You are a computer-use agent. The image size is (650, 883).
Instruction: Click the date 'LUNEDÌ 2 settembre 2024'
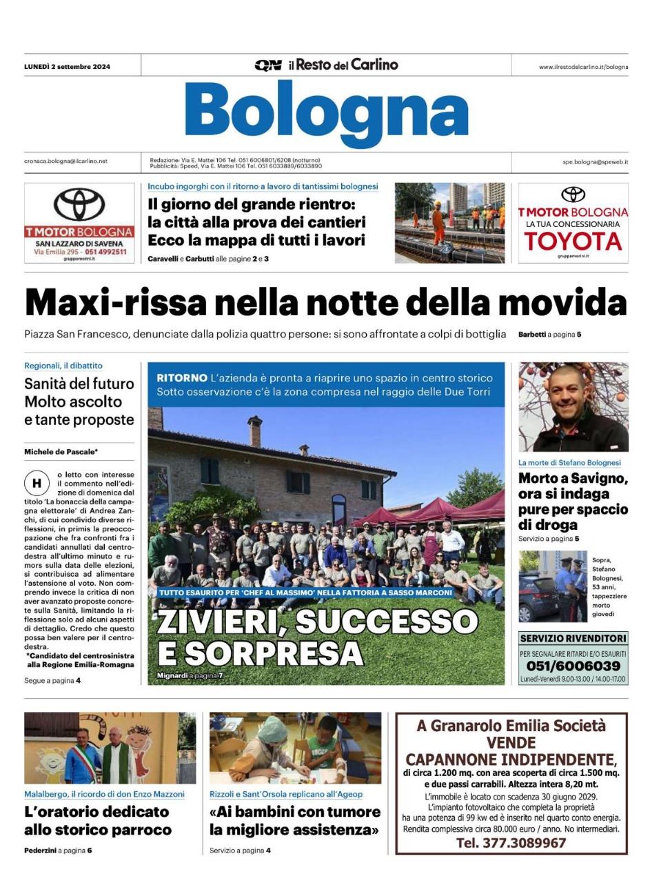[x=67, y=67]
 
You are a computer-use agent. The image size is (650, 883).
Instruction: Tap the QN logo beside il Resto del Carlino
[x=267, y=66]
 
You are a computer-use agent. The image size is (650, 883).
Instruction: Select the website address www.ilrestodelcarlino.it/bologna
[x=583, y=67]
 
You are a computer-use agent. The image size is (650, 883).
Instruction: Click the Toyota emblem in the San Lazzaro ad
[x=79, y=204]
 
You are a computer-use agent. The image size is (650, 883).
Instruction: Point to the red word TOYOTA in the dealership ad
[x=573, y=241]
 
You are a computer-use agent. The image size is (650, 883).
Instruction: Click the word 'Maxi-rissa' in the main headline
[x=116, y=302]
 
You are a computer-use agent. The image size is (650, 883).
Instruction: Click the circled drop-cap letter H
[x=37, y=482]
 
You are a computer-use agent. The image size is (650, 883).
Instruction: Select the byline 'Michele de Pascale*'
[x=61, y=452]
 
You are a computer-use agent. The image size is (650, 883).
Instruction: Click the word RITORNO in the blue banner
[x=182, y=378]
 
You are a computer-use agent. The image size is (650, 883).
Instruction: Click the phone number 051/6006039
[x=573, y=666]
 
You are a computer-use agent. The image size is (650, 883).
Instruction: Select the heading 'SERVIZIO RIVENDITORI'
[x=573, y=638]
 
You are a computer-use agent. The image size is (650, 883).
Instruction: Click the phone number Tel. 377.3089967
[x=511, y=843]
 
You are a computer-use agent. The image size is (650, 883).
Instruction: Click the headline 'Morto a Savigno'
[x=573, y=479]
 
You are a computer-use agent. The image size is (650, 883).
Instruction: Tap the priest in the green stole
[x=115, y=756]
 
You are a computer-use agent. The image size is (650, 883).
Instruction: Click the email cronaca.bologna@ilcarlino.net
[x=66, y=161]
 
